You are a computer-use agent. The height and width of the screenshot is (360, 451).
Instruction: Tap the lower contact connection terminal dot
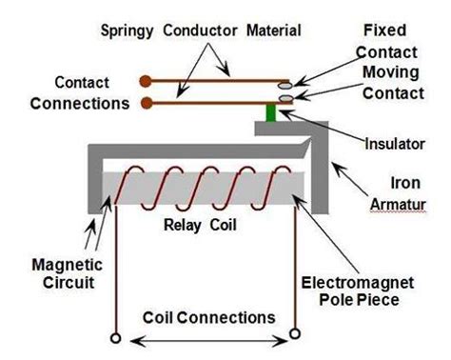(x=145, y=101)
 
